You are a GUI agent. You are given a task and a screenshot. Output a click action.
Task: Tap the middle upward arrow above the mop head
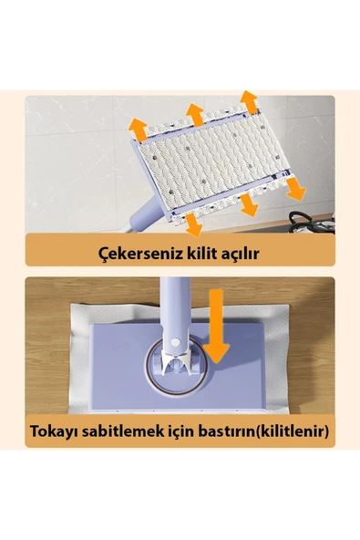[x=194, y=114]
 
